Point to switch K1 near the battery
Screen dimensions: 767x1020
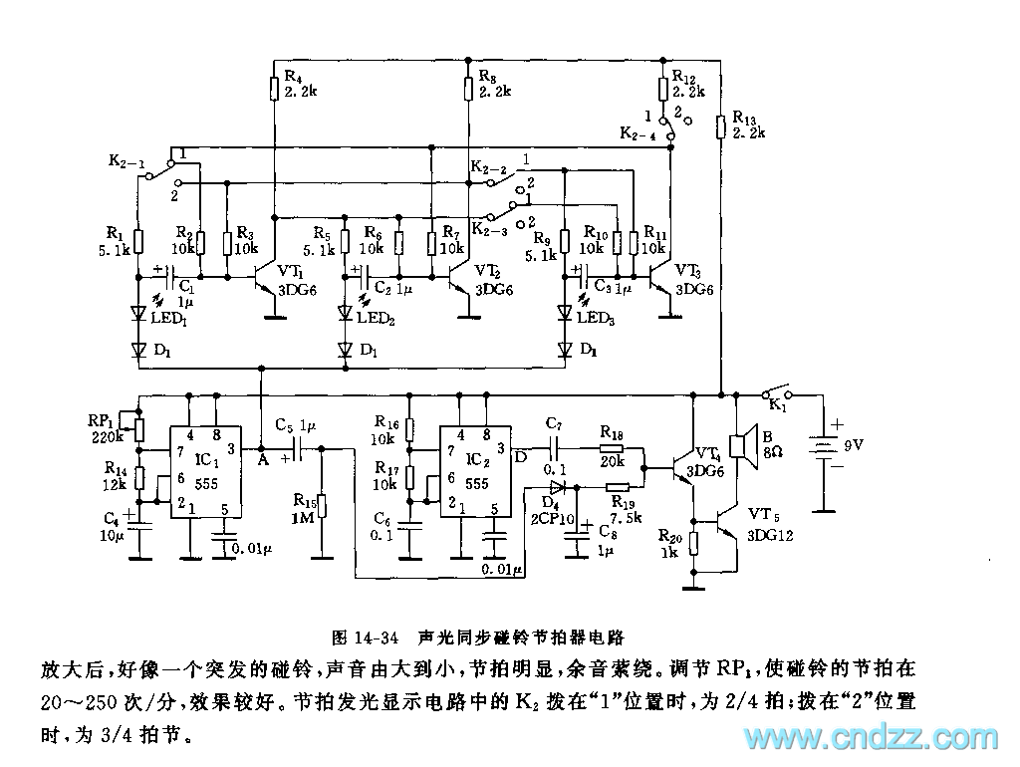point(776,392)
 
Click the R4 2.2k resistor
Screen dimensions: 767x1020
point(273,89)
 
